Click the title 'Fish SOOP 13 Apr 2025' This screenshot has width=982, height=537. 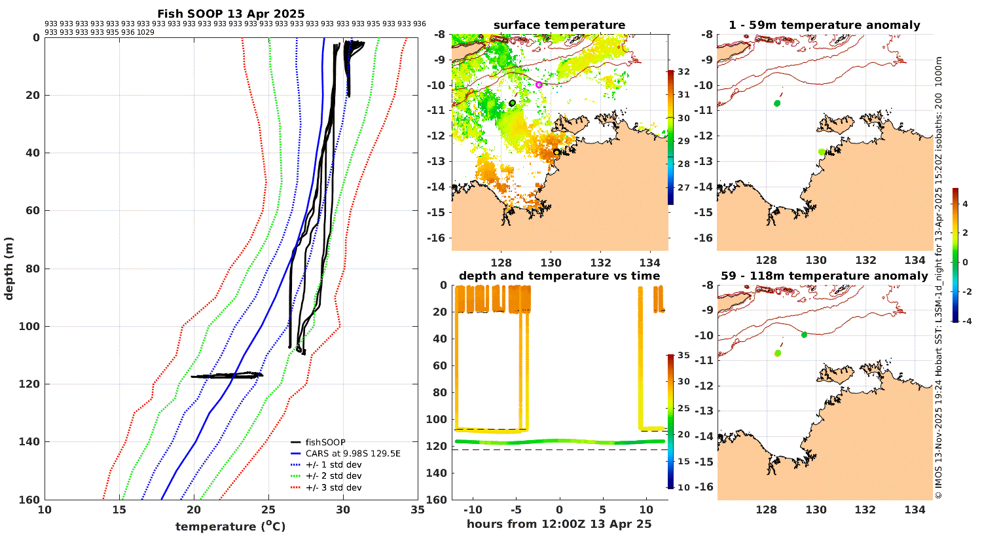coord(230,14)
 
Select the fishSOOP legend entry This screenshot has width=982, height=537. coord(325,442)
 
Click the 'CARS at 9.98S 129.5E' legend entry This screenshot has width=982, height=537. coord(353,453)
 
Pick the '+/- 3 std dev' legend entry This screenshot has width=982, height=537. coord(333,487)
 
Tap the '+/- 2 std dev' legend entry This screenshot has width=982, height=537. coord(333,476)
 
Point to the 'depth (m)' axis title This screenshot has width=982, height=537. coord(9,268)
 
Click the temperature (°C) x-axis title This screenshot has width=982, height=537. coord(230,527)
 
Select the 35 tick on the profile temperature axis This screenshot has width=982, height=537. coord(417,510)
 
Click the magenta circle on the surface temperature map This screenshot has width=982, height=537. coord(539,84)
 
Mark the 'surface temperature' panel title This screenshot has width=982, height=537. coord(559,26)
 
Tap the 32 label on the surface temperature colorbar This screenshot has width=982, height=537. coord(683,71)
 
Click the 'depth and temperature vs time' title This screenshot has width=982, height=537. coord(559,276)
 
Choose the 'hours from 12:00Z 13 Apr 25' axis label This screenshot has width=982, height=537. coord(559,523)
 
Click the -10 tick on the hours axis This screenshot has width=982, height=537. coord(473,510)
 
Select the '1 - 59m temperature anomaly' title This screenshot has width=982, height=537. coord(824,26)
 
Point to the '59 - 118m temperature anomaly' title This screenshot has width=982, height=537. coord(824,276)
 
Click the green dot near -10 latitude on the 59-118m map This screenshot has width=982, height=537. coord(804,335)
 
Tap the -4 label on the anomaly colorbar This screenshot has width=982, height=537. coord(965,321)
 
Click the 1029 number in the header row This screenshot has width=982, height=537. coord(145,32)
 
